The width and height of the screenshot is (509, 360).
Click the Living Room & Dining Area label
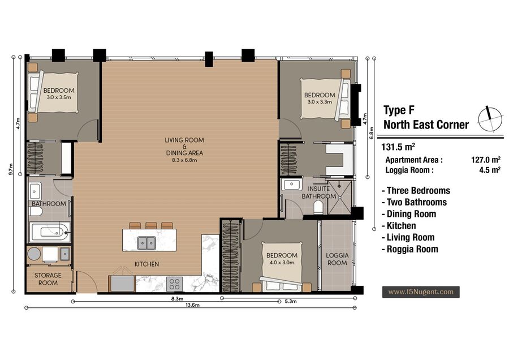[x=184, y=149]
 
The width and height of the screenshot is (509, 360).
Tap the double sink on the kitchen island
[x=146, y=243]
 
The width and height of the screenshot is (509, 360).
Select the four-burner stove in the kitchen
[x=174, y=284]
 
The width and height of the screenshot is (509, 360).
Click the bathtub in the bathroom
[x=50, y=232]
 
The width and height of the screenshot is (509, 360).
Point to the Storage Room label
[x=48, y=279]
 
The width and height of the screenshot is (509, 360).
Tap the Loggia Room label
[x=337, y=259]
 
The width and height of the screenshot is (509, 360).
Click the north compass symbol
[x=490, y=119]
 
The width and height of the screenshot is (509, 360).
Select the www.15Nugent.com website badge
[x=421, y=292]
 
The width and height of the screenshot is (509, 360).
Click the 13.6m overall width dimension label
[x=192, y=305]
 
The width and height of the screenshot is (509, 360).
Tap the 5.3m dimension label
[x=291, y=301]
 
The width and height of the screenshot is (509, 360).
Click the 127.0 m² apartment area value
[x=486, y=160]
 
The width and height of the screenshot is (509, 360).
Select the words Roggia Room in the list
[x=412, y=249]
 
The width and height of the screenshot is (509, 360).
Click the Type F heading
[x=399, y=110]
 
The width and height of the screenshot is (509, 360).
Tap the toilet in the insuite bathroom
[x=318, y=207]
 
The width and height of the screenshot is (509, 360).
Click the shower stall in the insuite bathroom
[x=339, y=197]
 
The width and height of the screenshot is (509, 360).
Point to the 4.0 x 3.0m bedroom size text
[x=282, y=263]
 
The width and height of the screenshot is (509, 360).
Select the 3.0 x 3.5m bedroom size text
[x=59, y=97]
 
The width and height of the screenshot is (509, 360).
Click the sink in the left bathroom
[x=35, y=191]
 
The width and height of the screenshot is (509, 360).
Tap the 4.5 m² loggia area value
[x=490, y=170]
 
